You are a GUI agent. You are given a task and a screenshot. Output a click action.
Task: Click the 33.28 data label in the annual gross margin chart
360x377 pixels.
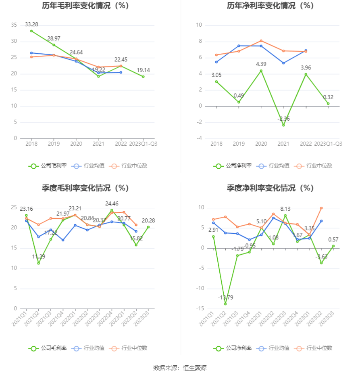(31, 24)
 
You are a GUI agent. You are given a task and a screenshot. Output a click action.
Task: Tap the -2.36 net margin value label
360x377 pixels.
(283, 119)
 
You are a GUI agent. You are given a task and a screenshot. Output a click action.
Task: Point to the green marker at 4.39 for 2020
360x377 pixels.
(261, 71)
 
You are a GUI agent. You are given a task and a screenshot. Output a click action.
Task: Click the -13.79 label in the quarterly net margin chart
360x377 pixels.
(225, 297)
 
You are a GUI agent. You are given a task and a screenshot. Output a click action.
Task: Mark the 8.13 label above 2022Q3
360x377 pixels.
(285, 209)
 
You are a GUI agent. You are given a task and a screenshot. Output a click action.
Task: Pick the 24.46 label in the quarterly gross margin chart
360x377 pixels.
(112, 203)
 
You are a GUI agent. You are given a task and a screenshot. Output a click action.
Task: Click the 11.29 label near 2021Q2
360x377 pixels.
(39, 256)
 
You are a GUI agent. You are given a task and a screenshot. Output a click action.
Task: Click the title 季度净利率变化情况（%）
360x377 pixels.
(270, 188)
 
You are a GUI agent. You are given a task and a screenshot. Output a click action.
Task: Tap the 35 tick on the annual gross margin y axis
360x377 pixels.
(14, 25)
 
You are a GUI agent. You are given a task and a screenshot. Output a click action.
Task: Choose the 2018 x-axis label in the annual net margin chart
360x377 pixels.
(216, 144)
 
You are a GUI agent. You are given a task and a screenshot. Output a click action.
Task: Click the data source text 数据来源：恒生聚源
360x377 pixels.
(180, 368)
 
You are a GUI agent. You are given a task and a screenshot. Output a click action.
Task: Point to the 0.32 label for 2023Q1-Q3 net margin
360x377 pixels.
(328, 97)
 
